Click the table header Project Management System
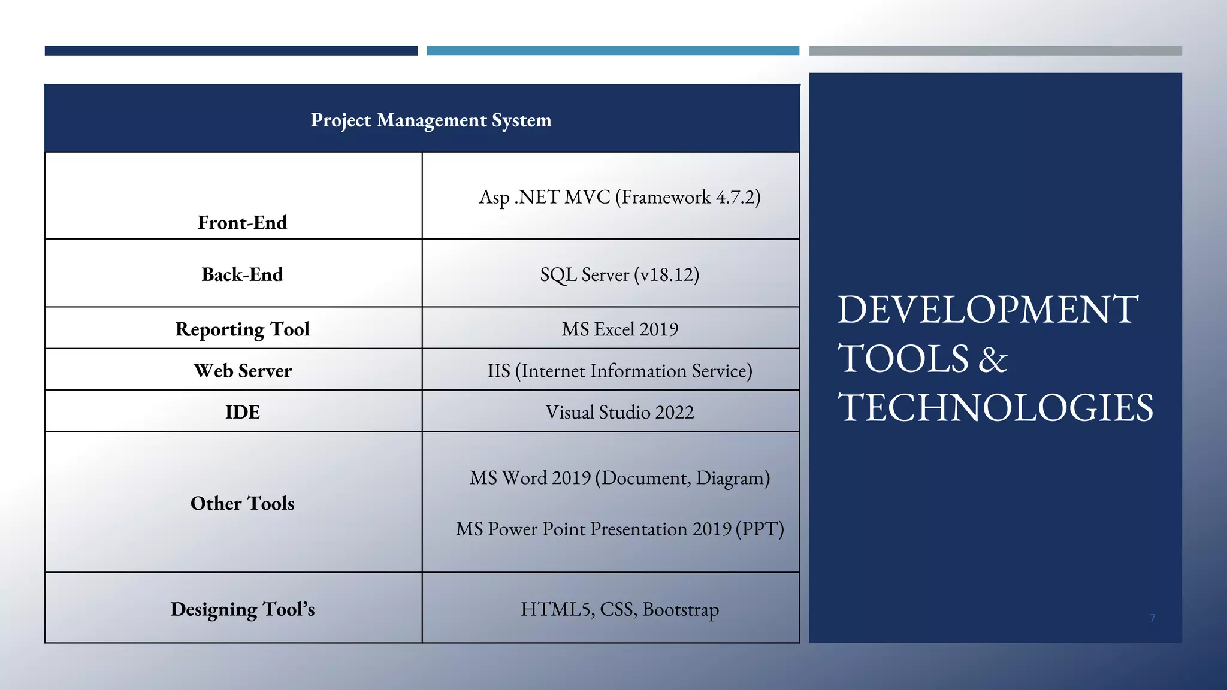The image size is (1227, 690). (x=431, y=120)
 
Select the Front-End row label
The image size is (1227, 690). (x=243, y=223)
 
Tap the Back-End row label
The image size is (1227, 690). (x=243, y=274)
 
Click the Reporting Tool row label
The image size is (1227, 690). (x=243, y=329)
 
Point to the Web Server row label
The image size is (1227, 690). (x=243, y=371)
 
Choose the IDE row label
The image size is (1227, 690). (x=243, y=412)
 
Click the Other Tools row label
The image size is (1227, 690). (x=243, y=503)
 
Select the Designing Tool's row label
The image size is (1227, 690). (x=243, y=609)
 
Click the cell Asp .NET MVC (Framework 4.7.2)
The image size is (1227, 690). (x=619, y=197)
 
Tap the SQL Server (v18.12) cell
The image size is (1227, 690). (x=619, y=274)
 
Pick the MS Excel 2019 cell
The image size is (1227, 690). (x=619, y=329)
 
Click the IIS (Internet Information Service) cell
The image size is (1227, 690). (x=619, y=371)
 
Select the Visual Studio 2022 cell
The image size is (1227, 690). (x=619, y=412)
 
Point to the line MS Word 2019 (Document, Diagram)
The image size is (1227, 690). (x=619, y=478)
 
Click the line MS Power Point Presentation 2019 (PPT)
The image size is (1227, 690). (x=619, y=529)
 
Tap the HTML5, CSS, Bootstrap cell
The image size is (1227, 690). (x=619, y=609)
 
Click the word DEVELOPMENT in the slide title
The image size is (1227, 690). (x=987, y=310)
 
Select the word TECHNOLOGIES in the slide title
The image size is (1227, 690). (x=995, y=408)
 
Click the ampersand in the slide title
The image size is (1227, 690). (x=993, y=359)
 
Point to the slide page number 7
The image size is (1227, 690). (x=1152, y=618)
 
